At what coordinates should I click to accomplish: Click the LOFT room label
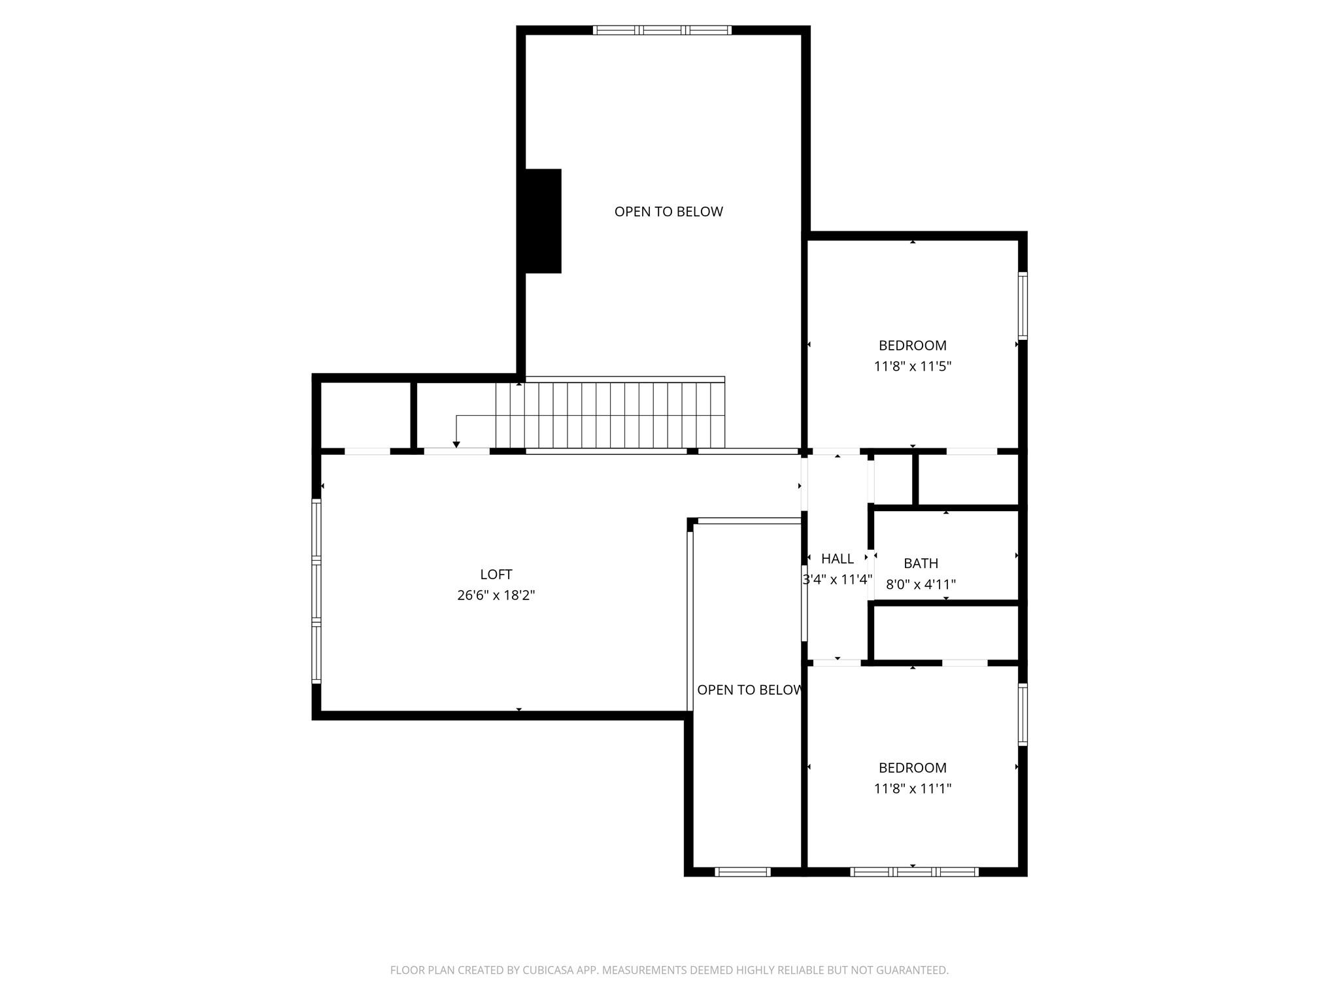(496, 575)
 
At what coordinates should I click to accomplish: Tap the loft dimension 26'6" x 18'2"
(496, 595)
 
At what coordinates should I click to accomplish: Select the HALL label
(837, 559)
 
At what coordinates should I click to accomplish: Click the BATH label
(921, 563)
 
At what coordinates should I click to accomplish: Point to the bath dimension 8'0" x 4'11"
(921, 584)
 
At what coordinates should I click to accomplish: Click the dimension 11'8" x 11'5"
(912, 366)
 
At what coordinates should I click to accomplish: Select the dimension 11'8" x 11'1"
(912, 788)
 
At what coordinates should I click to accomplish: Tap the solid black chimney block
(543, 221)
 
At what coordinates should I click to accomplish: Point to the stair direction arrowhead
(456, 445)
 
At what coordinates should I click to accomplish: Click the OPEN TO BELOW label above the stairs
(668, 212)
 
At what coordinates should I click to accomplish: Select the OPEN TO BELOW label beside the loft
(749, 690)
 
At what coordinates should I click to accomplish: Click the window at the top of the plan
(662, 30)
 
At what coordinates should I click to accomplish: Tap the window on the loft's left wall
(316, 591)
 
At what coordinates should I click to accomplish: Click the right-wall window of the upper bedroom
(1023, 306)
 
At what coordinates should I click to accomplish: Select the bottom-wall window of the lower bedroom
(913, 871)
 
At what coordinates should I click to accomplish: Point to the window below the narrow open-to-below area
(743, 871)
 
